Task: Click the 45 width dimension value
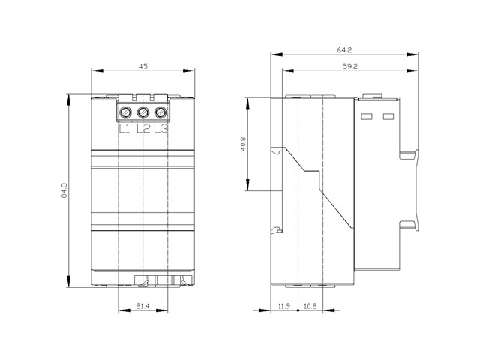pos(143,66)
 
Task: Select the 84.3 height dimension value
pos(64,190)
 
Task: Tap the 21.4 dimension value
pos(143,305)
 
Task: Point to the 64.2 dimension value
pos(344,50)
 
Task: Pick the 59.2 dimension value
pos(350,66)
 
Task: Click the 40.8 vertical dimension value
pos(243,143)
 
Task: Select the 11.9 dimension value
pos(283,305)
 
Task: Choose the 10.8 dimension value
pos(310,305)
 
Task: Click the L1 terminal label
pos(124,129)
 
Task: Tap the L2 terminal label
pos(143,129)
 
